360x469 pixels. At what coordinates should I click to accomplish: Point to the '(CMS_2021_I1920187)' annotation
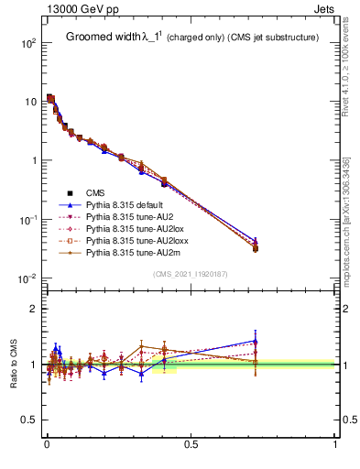click(x=191, y=273)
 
